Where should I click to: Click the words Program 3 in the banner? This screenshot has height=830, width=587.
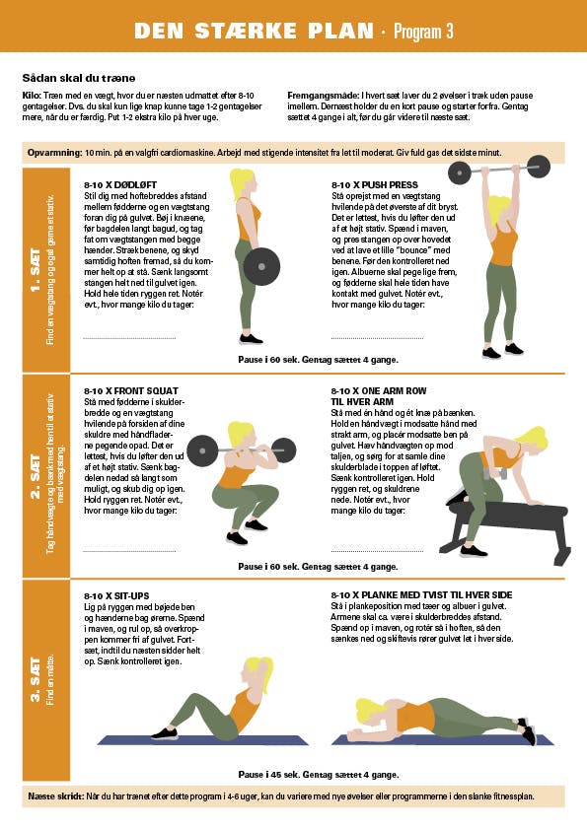click(x=423, y=32)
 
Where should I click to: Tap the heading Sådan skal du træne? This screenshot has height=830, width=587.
click(x=79, y=78)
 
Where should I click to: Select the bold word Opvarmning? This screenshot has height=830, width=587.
click(x=55, y=153)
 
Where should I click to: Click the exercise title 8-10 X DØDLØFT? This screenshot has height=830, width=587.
click(x=120, y=184)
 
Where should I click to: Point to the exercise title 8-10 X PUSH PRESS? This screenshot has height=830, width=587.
click(x=375, y=184)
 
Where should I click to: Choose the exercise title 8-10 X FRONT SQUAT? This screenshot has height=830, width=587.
click(x=131, y=390)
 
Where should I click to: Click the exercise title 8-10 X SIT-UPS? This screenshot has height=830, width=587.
click(x=116, y=596)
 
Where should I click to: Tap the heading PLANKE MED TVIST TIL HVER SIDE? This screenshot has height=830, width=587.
click(x=436, y=595)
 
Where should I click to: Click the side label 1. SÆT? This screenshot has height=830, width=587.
click(x=35, y=270)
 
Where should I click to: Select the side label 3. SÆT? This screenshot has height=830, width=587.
click(x=35, y=680)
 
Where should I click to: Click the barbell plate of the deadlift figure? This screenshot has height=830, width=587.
click(x=261, y=266)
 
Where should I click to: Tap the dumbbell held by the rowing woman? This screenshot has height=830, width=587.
click(x=496, y=473)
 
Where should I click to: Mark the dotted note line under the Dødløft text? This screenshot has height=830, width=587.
click(x=130, y=337)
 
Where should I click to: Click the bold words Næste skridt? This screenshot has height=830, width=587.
click(x=55, y=796)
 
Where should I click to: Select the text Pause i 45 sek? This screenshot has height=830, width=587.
click(x=269, y=775)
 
